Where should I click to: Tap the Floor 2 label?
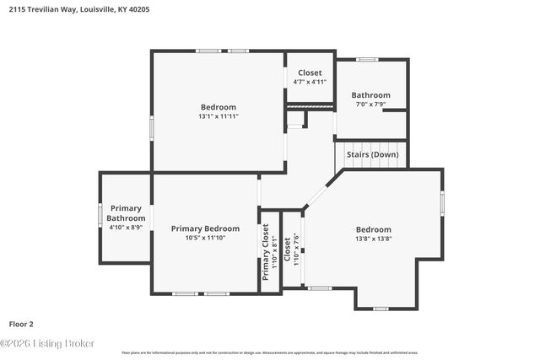pyautogui.click(x=21, y=324)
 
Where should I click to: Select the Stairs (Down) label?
pyautogui.click(x=372, y=155)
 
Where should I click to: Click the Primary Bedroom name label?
pyautogui.click(x=205, y=228)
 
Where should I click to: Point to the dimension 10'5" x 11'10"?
pyautogui.click(x=205, y=238)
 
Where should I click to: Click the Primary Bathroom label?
pyautogui.click(x=126, y=213)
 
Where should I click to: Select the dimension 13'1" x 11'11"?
pyautogui.click(x=218, y=116)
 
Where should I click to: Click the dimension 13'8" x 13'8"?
pyautogui.click(x=373, y=239)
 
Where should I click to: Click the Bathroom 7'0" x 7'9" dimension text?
pyautogui.click(x=371, y=105)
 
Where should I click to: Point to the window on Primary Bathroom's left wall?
pyautogui.click(x=100, y=218)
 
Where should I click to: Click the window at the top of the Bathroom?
pyautogui.click(x=366, y=59)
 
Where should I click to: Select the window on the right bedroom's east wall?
pyautogui.click(x=442, y=204)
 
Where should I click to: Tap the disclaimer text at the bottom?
pyautogui.click(x=269, y=352)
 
